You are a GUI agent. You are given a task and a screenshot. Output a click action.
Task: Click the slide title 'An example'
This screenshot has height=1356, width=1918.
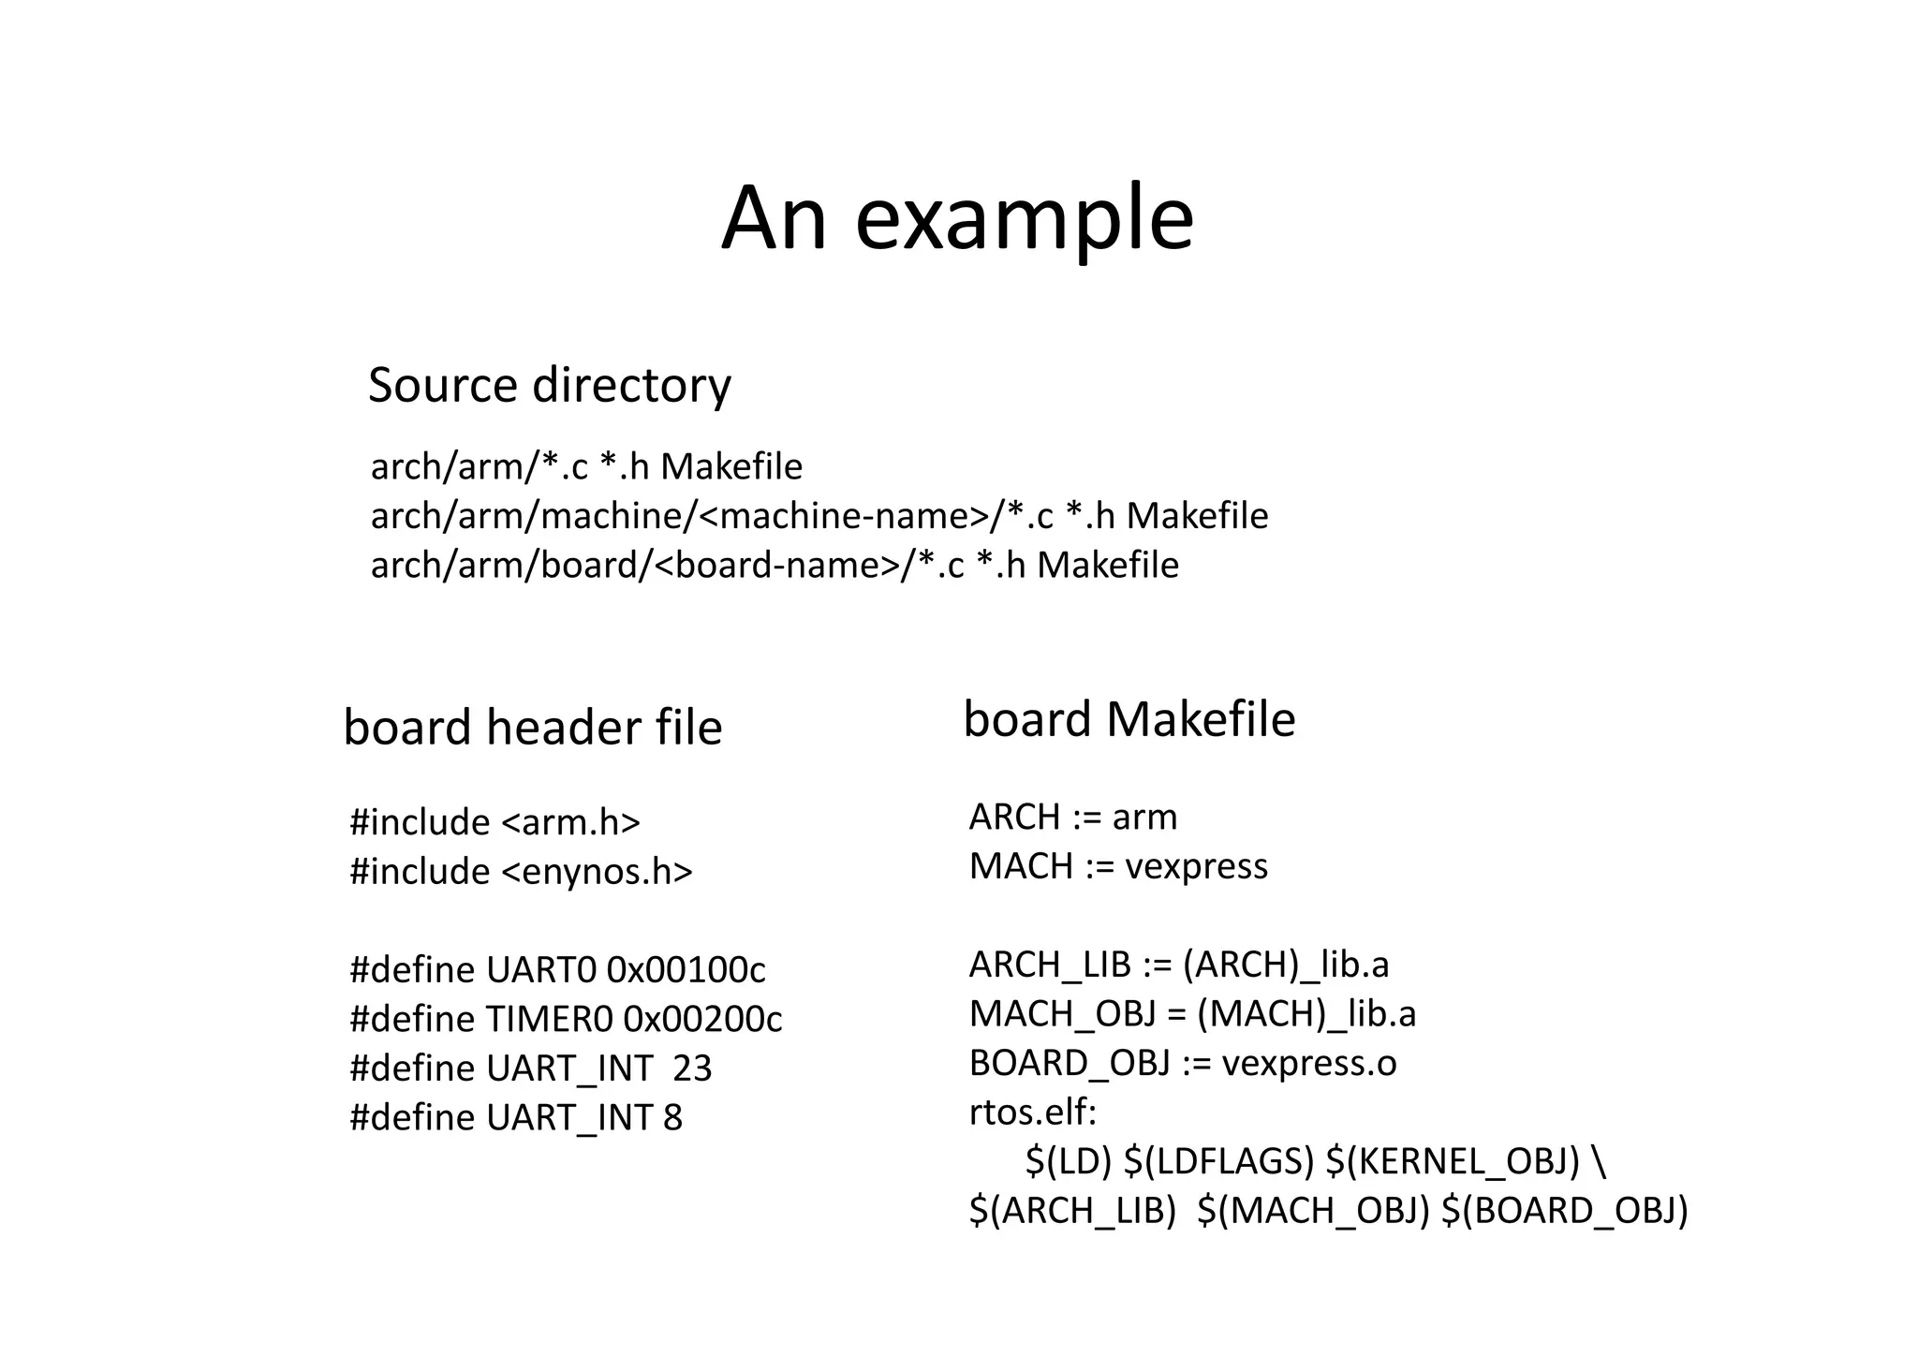[x=957, y=218]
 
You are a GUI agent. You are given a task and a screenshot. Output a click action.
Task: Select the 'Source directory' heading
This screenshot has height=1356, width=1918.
[x=549, y=385]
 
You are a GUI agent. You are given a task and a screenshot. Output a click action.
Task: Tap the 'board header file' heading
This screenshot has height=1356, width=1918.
[x=532, y=728]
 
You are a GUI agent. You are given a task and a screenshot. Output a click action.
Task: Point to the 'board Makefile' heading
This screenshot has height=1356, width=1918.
[x=1129, y=719]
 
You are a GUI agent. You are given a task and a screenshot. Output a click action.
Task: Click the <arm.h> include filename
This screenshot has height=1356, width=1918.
[x=570, y=822]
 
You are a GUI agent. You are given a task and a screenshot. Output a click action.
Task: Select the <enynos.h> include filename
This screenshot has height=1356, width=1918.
[x=597, y=872]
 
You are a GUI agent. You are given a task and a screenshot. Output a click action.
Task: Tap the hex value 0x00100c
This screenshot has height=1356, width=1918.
[x=686, y=970]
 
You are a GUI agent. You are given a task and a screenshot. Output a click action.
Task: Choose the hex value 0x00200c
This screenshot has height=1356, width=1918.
[x=702, y=1019]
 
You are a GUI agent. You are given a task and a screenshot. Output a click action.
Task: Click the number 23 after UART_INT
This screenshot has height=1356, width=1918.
[x=692, y=1069]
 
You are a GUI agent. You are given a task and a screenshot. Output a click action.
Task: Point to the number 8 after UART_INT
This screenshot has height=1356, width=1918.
[x=672, y=1118]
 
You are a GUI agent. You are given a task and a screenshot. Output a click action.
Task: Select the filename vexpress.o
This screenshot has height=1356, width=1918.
[x=1309, y=1063]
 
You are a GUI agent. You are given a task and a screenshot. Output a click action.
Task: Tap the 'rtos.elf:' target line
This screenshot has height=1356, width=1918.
[x=1032, y=1113]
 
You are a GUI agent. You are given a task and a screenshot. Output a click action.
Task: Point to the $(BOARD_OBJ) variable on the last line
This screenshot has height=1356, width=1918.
[x=1564, y=1211]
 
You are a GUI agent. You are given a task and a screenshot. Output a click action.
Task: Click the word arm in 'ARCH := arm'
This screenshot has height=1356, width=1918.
[x=1144, y=818]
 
